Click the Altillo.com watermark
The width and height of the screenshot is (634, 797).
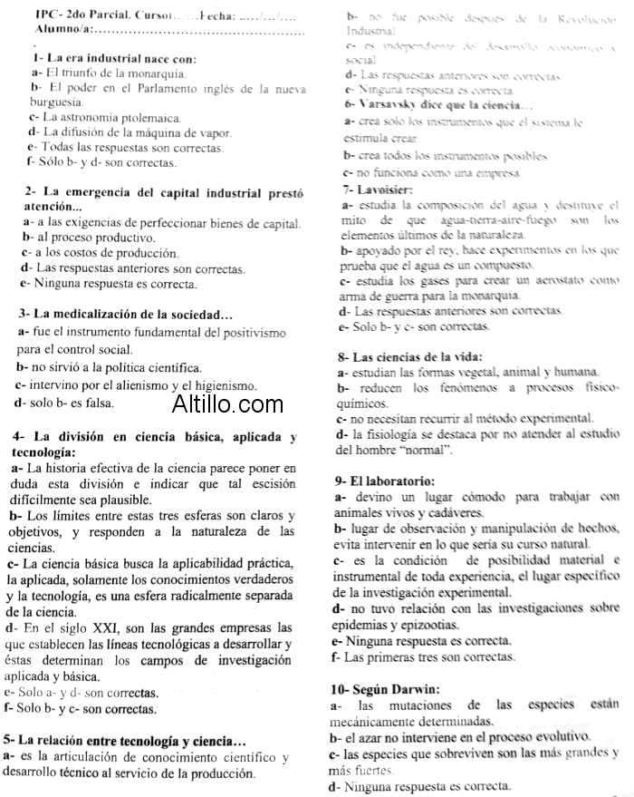coord(227,403)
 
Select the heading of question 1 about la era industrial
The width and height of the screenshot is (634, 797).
coord(113,58)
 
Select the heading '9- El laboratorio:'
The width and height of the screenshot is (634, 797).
coord(385,480)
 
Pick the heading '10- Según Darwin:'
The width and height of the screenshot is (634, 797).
coord(387,688)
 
